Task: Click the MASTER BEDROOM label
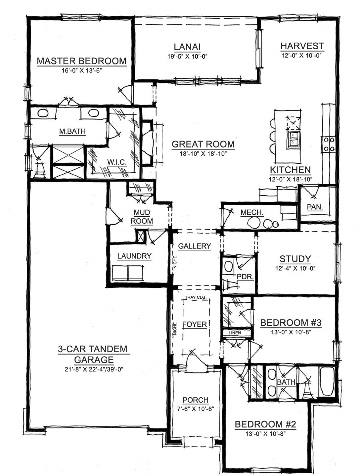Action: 81,61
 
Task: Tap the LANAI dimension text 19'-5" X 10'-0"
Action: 187,57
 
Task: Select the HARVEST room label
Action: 302,46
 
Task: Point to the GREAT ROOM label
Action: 203,144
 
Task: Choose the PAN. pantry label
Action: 315,207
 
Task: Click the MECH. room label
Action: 252,212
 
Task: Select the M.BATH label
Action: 72,131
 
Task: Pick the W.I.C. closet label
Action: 117,162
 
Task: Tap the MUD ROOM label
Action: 142,217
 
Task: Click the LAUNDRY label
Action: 134,256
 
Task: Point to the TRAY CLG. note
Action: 195,297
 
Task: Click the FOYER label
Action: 195,325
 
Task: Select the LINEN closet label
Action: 235,333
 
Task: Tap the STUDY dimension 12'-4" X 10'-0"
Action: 295,268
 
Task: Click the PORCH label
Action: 196,400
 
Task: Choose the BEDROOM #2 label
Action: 265,424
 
